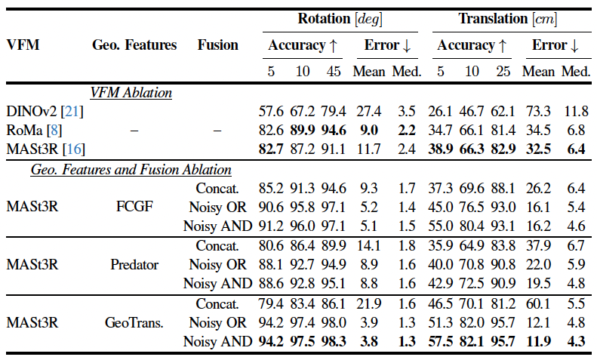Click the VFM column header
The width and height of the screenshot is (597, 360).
pyautogui.click(x=23, y=45)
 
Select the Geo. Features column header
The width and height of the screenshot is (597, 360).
pyautogui.click(x=134, y=45)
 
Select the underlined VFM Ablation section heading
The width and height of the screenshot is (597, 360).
pyautogui.click(x=131, y=93)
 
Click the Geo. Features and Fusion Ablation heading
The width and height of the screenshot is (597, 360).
pyautogui.click(x=131, y=170)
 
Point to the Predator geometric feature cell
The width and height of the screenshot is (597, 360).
pyautogui.click(x=134, y=265)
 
